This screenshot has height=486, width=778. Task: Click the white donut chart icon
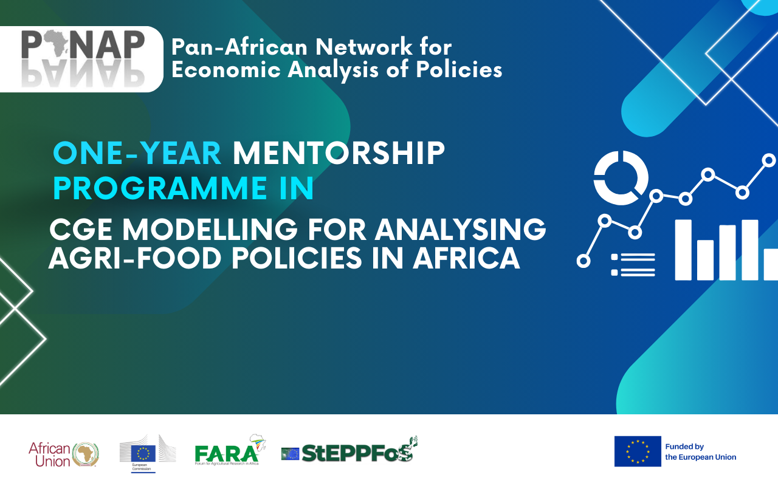(x=621, y=178)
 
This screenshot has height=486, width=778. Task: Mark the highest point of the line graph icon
(x=769, y=160)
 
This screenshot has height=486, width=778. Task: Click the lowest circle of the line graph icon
(x=583, y=261)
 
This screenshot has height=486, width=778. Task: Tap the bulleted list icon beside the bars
(x=633, y=265)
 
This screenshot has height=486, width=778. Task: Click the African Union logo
(x=64, y=454)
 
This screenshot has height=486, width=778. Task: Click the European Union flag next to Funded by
(x=637, y=451)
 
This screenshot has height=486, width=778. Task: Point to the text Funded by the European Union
(x=700, y=451)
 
